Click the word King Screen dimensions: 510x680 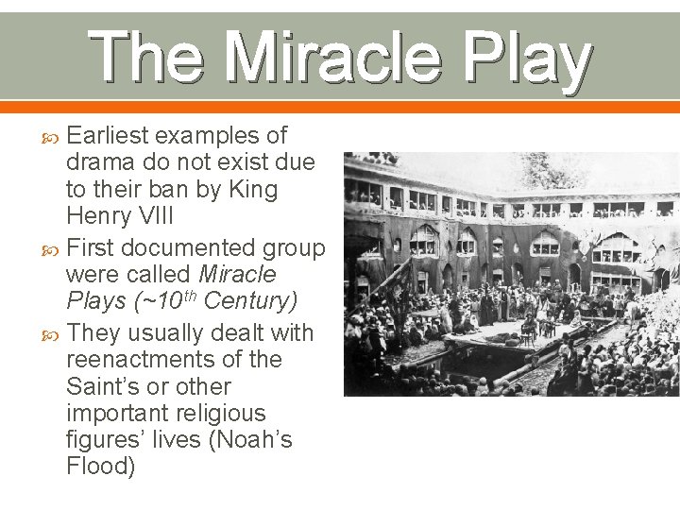pyautogui.click(x=253, y=190)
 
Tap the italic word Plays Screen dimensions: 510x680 pyautogui.click(x=95, y=302)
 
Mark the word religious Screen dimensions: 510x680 pyautogui.click(x=214, y=414)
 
